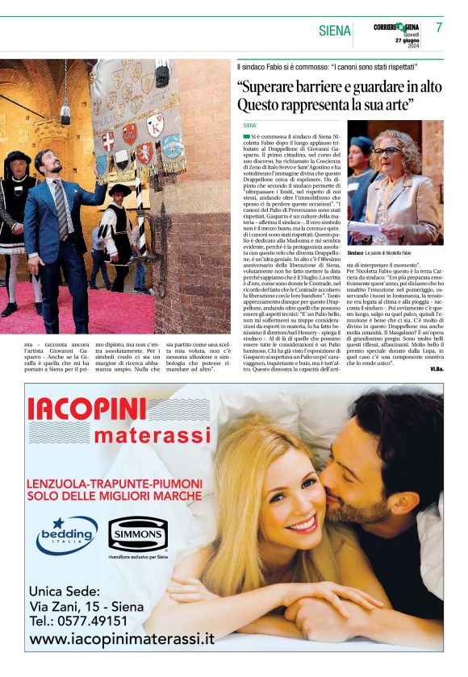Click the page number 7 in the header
tap(439, 27)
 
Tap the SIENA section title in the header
tap(335, 31)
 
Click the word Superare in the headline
tap(271, 87)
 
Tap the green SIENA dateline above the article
tap(249, 126)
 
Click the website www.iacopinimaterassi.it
tap(122, 639)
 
